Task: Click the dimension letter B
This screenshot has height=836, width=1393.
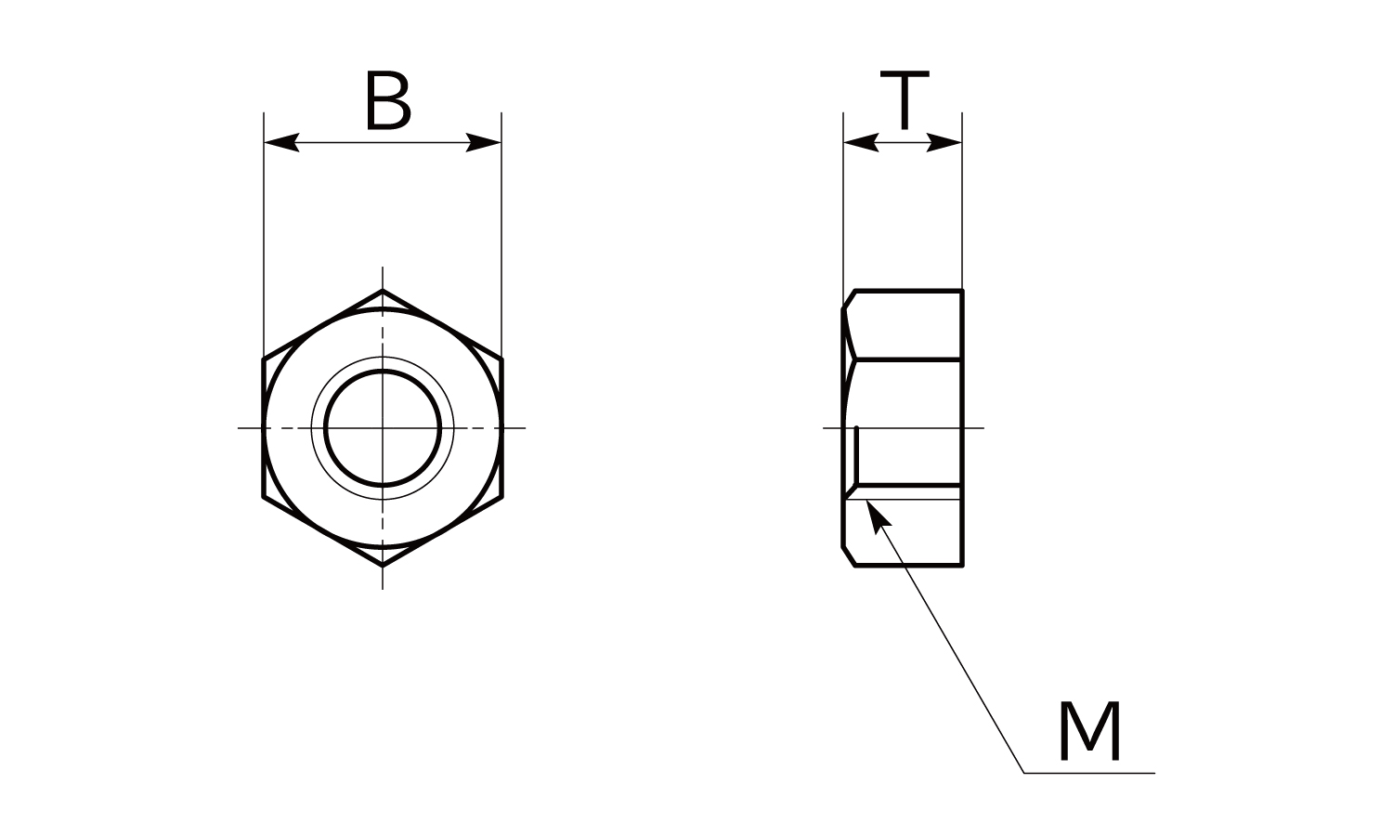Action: point(388,100)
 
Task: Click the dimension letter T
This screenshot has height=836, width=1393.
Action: point(905,100)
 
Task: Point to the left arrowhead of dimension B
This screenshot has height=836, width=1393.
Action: point(281,142)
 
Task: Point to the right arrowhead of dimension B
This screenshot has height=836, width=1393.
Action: point(483,142)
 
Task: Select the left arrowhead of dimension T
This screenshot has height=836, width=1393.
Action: point(861,142)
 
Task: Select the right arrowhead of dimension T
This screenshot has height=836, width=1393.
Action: point(944,142)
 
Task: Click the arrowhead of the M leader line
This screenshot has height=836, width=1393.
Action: point(878,516)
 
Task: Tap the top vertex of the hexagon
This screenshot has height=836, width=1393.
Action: point(383,290)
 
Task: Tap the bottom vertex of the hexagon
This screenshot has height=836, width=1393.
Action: point(383,566)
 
